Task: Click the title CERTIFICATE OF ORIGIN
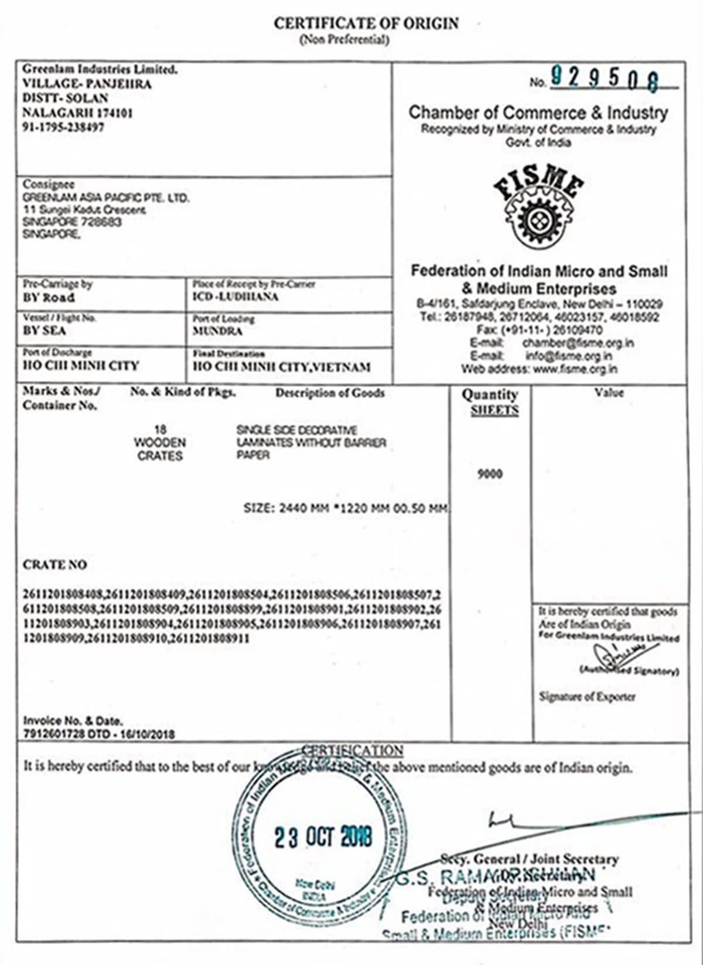[366, 24]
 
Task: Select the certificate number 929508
[604, 79]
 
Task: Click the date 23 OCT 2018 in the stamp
[323, 837]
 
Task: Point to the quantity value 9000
[490, 474]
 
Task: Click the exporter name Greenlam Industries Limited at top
[100, 69]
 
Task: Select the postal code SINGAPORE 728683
[72, 223]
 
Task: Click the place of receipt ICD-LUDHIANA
[236, 296]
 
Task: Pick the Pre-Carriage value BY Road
[49, 297]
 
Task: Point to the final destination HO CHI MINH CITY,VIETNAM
[282, 367]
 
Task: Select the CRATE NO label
[54, 565]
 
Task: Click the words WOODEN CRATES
[160, 449]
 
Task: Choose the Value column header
[609, 393]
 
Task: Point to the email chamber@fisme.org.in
[578, 343]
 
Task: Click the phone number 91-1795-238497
[63, 127]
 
